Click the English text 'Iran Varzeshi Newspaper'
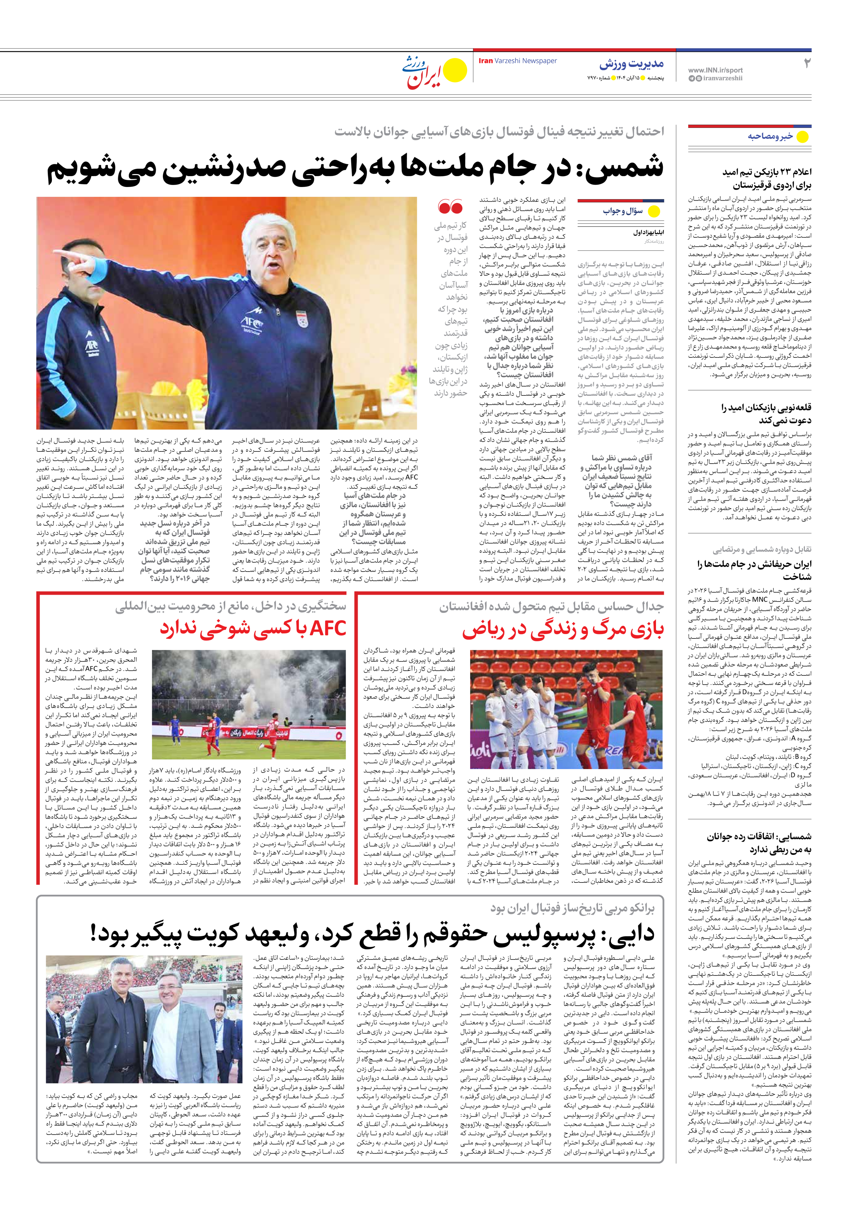point(518,61)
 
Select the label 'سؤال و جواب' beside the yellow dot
point(623,211)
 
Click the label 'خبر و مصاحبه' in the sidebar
point(770,136)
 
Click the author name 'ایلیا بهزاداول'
point(648,232)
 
